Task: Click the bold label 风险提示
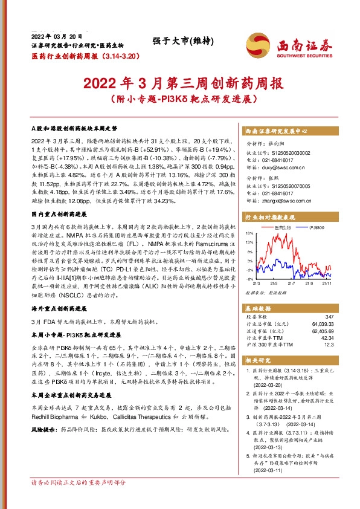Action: click(x=44, y=412)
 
